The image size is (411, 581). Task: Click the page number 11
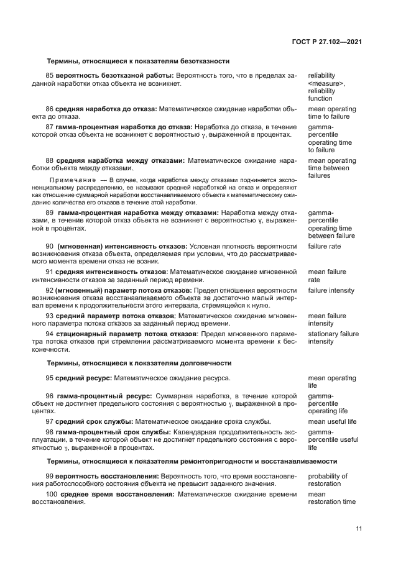click(359, 528)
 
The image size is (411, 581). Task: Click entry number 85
click(50, 75)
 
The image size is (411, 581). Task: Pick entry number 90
click(50, 247)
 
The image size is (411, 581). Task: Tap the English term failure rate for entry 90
click(324, 247)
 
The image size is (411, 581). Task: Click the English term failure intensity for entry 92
click(331, 290)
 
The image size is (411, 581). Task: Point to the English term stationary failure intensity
click(333, 337)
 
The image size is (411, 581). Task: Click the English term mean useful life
click(332, 421)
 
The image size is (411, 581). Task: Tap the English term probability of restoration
click(328, 480)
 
